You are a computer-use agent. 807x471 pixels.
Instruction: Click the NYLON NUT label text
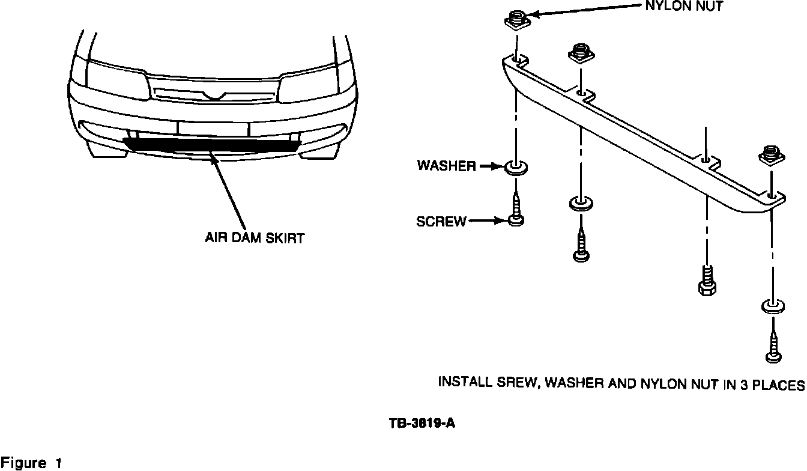point(684,6)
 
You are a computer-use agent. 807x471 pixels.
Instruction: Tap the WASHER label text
point(447,166)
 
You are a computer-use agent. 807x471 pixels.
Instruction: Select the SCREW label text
point(441,221)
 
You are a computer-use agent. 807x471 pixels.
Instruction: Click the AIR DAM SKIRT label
point(255,238)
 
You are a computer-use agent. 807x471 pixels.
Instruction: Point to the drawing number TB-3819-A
point(422,423)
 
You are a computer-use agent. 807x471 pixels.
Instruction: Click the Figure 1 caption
point(31,463)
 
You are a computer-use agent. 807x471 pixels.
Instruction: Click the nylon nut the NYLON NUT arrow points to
point(516,21)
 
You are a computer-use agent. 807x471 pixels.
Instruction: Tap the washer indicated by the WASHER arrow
point(517,168)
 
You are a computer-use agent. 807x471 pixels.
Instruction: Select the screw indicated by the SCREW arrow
point(516,210)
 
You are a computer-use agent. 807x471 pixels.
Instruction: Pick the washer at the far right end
point(773,306)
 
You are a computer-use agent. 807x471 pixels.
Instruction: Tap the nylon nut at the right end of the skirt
point(772,156)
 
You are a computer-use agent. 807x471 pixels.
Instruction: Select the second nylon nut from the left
point(581,54)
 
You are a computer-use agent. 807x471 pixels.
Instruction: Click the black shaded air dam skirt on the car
point(212,145)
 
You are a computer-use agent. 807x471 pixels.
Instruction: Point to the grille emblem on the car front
point(216,96)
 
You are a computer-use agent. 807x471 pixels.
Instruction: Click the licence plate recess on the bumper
point(213,129)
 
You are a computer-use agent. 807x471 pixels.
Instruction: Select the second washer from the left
point(581,203)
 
